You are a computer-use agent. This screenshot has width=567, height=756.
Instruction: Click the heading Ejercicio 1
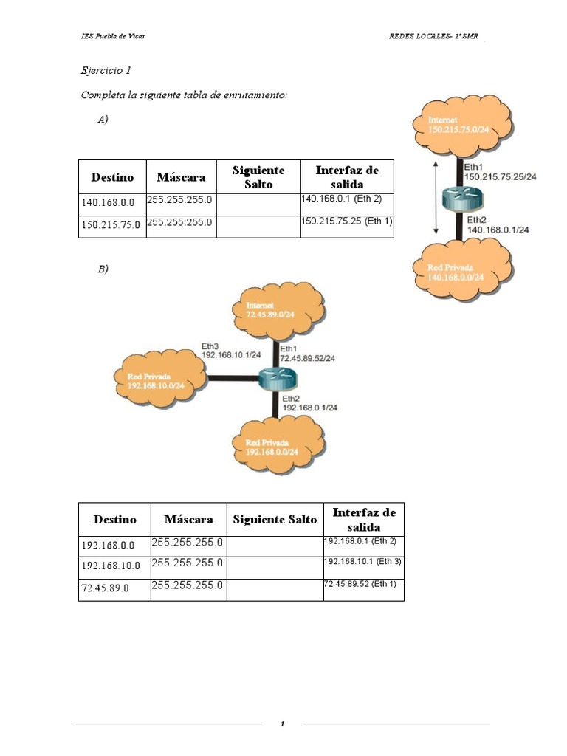[x=106, y=71]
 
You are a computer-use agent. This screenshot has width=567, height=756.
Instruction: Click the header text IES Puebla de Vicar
[x=113, y=36]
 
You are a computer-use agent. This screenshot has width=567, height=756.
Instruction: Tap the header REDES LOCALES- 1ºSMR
[x=437, y=36]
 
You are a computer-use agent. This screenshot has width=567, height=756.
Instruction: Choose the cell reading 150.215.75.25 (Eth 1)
[x=346, y=221]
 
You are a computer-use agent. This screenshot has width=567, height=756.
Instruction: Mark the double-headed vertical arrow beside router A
[x=438, y=197]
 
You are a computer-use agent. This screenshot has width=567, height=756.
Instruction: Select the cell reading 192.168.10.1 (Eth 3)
[x=362, y=563]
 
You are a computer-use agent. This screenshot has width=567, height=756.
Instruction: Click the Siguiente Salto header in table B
[x=275, y=519]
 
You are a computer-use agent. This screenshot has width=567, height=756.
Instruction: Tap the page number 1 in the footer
[x=282, y=724]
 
